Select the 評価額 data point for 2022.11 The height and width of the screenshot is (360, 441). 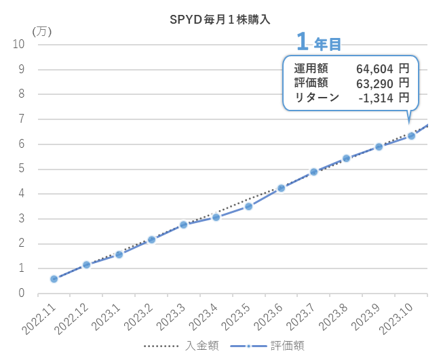(x=54, y=279)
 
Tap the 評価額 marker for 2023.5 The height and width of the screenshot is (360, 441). (x=248, y=206)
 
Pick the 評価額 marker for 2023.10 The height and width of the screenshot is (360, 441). (x=411, y=136)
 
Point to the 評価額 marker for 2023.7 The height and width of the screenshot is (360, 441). (x=313, y=172)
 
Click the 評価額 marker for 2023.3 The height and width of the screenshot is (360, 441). (x=183, y=224)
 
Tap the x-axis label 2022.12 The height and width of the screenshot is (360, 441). (x=73, y=317)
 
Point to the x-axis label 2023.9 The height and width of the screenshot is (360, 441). (x=367, y=316)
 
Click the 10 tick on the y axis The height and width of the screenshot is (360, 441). (x=19, y=44)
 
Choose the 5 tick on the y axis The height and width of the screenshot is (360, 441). (x=22, y=169)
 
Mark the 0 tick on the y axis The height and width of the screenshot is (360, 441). (x=22, y=294)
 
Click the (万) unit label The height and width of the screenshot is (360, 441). (x=41, y=31)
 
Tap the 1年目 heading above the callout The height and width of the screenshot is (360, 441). (x=319, y=42)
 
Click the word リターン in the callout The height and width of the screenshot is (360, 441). (x=316, y=97)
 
